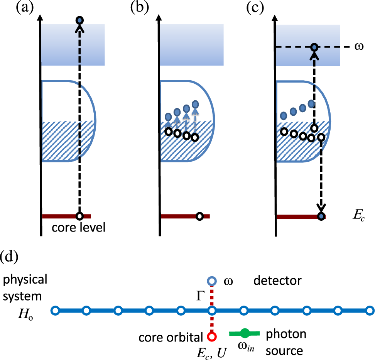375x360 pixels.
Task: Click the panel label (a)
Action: pyautogui.click(x=25, y=7)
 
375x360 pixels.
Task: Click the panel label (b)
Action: pyautogui.click(x=139, y=7)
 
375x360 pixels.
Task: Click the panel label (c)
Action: pyautogui.click(x=255, y=7)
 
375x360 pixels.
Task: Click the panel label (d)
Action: pyautogui.click(x=10, y=257)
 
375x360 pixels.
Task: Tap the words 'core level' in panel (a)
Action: pyautogui.click(x=78, y=227)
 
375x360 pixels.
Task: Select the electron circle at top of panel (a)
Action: pyautogui.click(x=79, y=20)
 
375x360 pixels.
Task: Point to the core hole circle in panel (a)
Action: pyautogui.click(x=79, y=216)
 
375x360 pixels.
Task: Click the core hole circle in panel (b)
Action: pyautogui.click(x=200, y=216)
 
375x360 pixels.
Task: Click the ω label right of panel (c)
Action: pyautogui.click(x=359, y=46)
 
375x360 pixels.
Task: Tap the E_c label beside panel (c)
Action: pyautogui.click(x=359, y=215)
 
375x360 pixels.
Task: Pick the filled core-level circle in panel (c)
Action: pyautogui.click(x=321, y=216)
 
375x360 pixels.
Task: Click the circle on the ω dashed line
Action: pyautogui.click(x=315, y=47)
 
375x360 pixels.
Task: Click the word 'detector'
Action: pyautogui.click(x=277, y=281)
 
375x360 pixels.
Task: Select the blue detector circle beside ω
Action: pyautogui.click(x=212, y=281)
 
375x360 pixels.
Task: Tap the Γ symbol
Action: pyautogui.click(x=200, y=296)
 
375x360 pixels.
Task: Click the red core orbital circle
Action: pyautogui.click(x=212, y=336)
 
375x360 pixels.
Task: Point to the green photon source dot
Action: pyautogui.click(x=245, y=333)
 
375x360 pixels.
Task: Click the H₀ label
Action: pyautogui.click(x=26, y=314)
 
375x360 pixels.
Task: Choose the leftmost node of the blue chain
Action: pyautogui.click(x=55, y=311)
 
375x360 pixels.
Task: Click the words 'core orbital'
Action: pyautogui.click(x=171, y=338)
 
